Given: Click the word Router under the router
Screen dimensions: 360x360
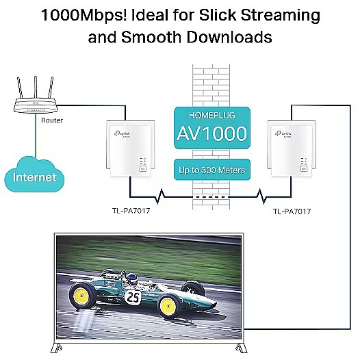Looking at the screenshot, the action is tap(52, 120).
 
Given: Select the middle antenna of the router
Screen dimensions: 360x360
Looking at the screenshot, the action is tap(36, 87).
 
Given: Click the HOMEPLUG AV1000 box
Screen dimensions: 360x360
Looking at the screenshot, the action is tap(212, 128).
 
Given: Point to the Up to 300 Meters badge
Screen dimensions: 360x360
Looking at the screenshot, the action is tap(212, 170).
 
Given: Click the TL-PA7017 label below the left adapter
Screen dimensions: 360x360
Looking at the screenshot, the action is tap(131, 211).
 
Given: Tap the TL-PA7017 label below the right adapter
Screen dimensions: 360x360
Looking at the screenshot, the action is tap(292, 211).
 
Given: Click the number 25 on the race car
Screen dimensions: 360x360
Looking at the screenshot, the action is tap(133, 297).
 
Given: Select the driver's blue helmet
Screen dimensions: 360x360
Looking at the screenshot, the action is tap(131, 279).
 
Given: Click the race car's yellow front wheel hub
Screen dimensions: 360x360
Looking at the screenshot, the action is tap(169, 306).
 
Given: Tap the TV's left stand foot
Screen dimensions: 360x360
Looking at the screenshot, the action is tap(56, 348).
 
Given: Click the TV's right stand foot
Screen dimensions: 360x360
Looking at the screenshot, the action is tap(242, 348).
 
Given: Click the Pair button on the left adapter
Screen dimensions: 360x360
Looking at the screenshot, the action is tap(142, 169).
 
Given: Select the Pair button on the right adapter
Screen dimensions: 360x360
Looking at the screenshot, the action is tap(304, 169).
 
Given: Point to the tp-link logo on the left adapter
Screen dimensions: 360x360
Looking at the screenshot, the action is tap(122, 134).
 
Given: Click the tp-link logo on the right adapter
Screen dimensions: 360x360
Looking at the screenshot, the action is tap(283, 134).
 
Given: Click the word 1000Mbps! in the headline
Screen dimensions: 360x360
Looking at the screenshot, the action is tap(83, 15).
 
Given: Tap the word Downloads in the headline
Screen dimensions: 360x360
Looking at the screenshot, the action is tap(229, 37).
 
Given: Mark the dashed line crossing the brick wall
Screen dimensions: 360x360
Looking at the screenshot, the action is tap(211, 197).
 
